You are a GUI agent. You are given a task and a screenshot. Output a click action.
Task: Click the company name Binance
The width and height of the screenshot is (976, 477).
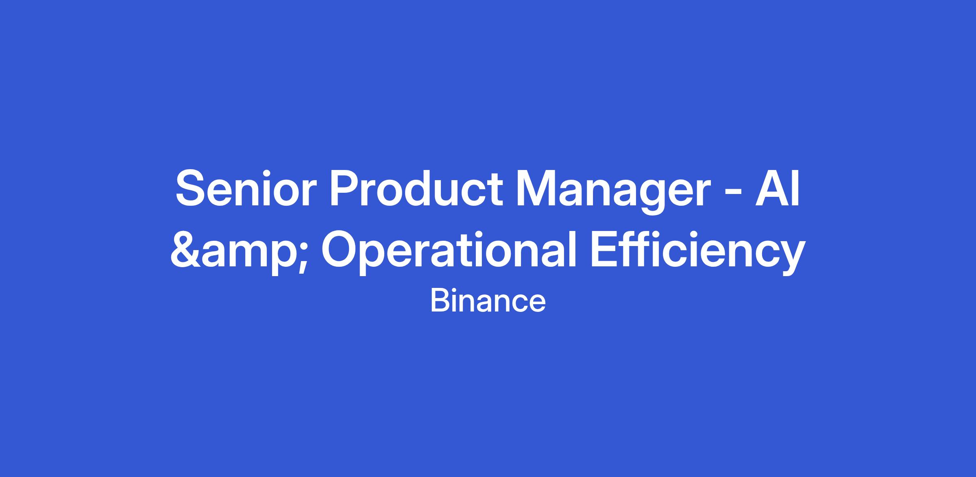point(488,301)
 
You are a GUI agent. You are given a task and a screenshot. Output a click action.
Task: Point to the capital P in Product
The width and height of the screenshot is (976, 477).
point(344,189)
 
